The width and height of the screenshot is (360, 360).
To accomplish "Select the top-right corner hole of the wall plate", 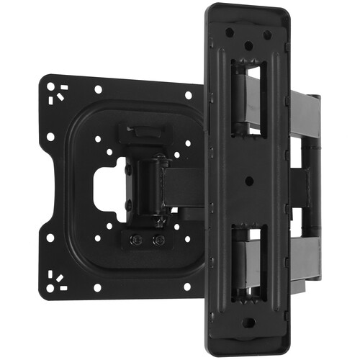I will (x=189, y=94).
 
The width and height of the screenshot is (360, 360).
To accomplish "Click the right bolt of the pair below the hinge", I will (x=159, y=240).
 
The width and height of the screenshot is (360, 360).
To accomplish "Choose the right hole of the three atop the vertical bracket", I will (x=267, y=33).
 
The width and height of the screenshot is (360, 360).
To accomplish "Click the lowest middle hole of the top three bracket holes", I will (x=248, y=45).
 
